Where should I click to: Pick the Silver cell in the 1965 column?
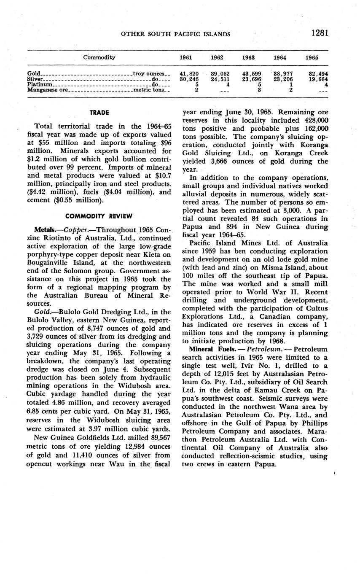click(320, 79)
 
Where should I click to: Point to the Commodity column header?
click(99, 57)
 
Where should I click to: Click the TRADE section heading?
click(99, 113)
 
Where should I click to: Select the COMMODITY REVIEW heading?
click(99, 216)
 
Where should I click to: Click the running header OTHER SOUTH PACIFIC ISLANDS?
click(175, 34)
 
